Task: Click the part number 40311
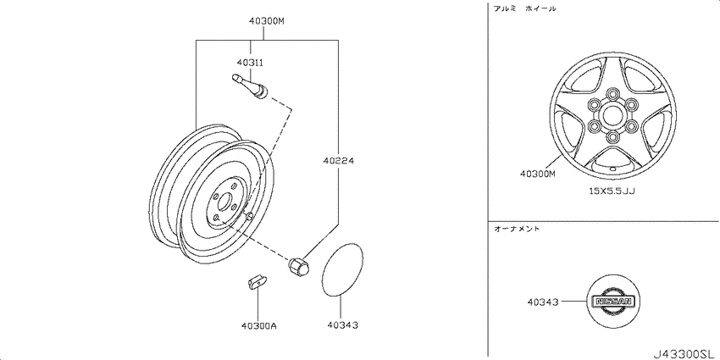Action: click(250, 62)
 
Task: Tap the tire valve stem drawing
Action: click(250, 86)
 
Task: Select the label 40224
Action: click(339, 161)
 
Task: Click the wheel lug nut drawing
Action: click(298, 267)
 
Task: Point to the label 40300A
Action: click(258, 325)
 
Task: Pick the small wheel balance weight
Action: click(258, 282)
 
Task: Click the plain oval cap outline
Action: click(342, 270)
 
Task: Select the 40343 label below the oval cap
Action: click(342, 325)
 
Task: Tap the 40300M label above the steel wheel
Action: click(263, 20)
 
